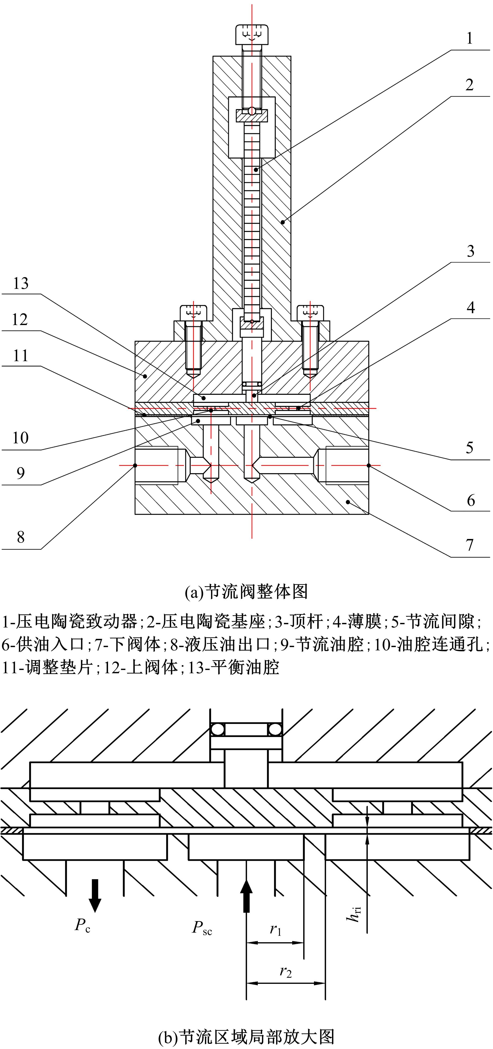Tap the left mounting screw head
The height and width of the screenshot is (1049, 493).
coord(194,312)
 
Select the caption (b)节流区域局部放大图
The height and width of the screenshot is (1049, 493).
coord(246,1036)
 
